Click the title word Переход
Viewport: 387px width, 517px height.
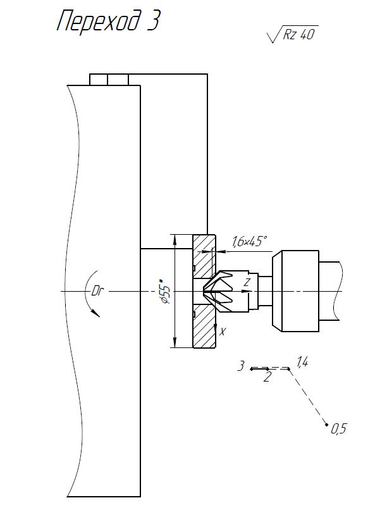(x=98, y=21)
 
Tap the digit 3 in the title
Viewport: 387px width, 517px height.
(x=154, y=20)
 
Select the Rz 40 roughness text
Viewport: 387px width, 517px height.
(x=299, y=34)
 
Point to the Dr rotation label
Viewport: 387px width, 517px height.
(x=97, y=292)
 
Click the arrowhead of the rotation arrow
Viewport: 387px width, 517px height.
(x=96, y=313)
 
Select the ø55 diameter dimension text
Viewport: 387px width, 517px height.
(x=165, y=290)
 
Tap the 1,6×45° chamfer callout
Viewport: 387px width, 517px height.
(x=249, y=241)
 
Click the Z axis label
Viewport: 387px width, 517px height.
(x=247, y=282)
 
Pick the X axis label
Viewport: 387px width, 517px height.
(x=223, y=331)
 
